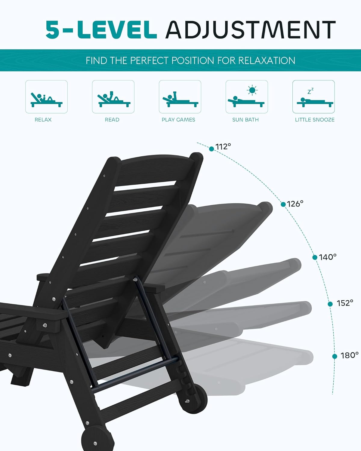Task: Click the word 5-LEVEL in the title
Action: [101, 30]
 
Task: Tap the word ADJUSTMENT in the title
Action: [250, 30]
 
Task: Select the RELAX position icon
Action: [46, 97]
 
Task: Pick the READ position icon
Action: [113, 97]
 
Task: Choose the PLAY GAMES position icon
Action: [180, 97]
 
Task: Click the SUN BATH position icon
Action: [247, 97]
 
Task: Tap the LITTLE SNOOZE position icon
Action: [313, 97]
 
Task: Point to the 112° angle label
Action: [223, 146]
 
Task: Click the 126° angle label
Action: [295, 204]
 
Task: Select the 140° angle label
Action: [328, 257]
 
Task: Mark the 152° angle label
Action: [345, 303]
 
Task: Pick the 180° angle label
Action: [350, 355]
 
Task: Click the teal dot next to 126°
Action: [283, 204]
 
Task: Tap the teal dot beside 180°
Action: [335, 356]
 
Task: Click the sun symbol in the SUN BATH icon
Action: [252, 90]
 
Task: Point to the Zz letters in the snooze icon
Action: [310, 91]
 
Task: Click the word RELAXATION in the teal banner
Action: [267, 60]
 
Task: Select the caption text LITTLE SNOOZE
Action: [315, 120]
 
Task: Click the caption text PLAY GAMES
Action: [178, 120]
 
